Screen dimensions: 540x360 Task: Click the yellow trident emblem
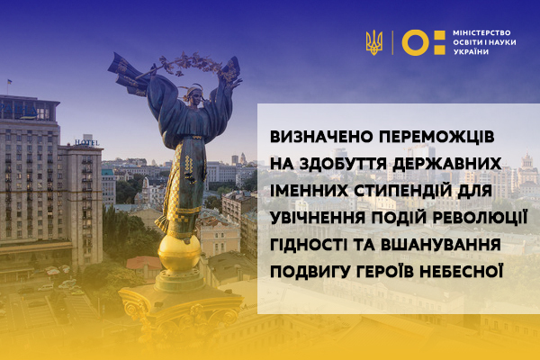[374, 42]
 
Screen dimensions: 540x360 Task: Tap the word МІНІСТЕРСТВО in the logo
[481, 33]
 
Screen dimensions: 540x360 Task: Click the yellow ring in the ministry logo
[416, 42]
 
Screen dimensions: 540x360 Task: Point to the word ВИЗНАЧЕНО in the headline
[321, 137]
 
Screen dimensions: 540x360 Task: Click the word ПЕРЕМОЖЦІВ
[437, 137]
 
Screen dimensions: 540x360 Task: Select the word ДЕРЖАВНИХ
[447, 164]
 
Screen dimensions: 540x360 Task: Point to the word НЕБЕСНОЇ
[460, 271]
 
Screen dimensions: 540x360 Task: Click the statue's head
[195, 95]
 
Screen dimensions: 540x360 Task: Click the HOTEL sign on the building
[86, 142]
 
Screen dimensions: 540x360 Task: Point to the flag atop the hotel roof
[9, 82]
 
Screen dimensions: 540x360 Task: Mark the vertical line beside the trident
[392, 42]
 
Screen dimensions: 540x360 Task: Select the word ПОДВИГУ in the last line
[310, 272]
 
